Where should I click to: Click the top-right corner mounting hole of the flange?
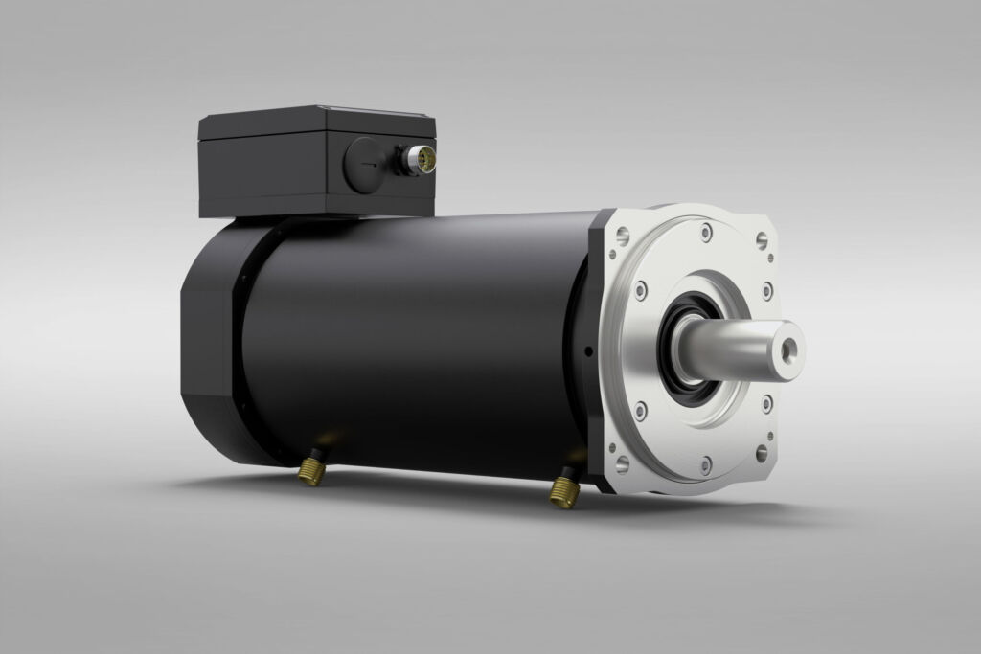tap(762, 240)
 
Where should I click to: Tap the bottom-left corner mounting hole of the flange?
tap(622, 463)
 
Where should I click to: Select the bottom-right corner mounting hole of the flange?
tap(761, 452)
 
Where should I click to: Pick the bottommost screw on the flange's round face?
tap(705, 466)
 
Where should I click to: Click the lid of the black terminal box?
tap(316, 124)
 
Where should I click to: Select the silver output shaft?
tap(742, 349)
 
